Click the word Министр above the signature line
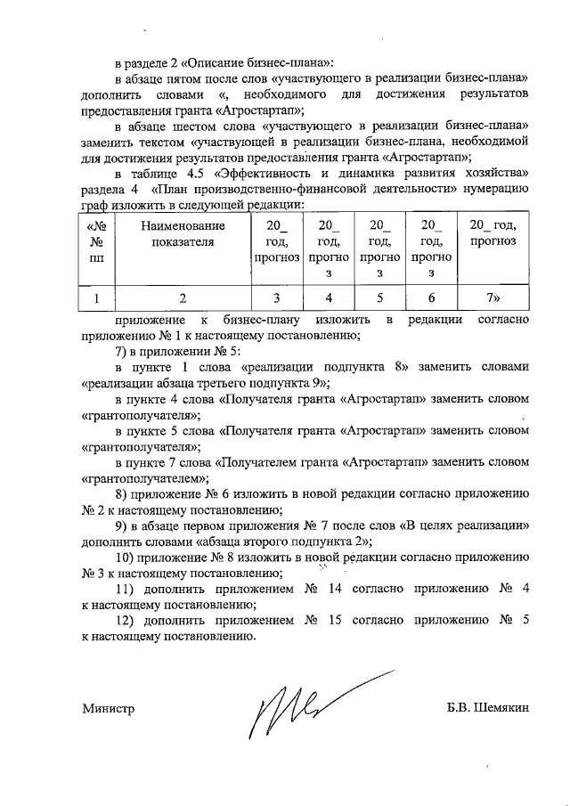pyautogui.click(x=109, y=710)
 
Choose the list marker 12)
pyautogui.click(x=128, y=622)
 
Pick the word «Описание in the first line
pyautogui.click(x=213, y=62)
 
